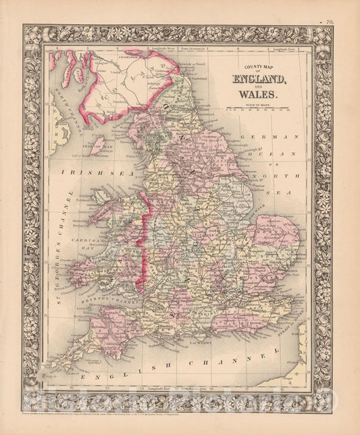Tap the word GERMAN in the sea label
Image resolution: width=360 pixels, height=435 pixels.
276,138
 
